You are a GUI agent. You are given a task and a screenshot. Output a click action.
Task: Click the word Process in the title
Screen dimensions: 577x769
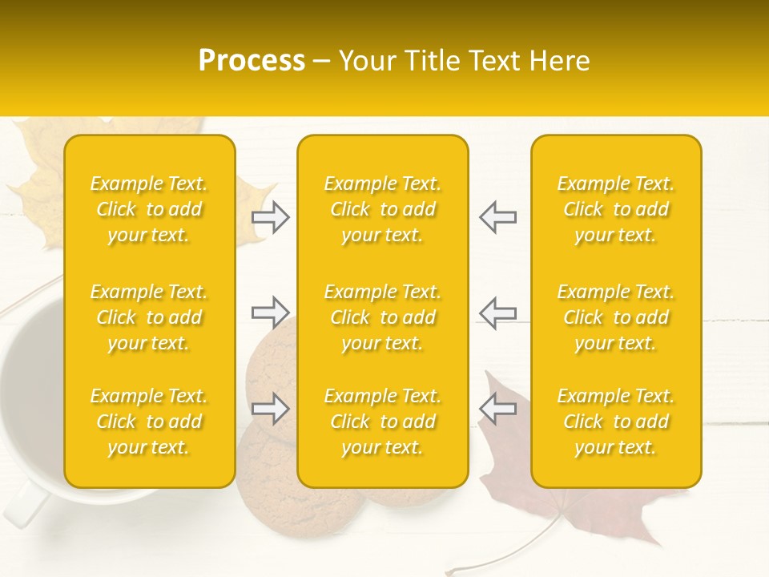click(252, 61)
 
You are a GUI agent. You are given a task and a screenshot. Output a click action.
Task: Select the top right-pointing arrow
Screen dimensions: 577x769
click(271, 217)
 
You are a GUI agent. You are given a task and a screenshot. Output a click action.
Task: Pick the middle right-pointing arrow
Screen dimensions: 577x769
click(271, 313)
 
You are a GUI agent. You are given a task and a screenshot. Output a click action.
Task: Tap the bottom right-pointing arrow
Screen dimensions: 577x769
click(271, 408)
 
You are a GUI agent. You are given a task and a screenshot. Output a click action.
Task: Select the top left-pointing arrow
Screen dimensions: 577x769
click(497, 217)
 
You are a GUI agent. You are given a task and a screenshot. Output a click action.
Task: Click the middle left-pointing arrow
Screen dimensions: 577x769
click(497, 313)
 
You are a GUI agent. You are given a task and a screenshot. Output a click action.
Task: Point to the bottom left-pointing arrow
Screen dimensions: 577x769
click(497, 408)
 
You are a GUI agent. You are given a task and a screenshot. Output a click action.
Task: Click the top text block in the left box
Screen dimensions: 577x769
click(149, 209)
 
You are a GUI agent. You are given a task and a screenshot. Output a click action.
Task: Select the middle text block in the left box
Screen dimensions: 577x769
click(149, 317)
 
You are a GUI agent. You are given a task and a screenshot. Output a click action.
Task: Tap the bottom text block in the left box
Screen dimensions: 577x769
click(149, 422)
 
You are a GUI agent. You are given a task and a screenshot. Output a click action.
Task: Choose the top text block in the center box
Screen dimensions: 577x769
click(382, 209)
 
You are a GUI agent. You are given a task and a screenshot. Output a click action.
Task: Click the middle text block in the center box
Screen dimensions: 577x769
click(382, 317)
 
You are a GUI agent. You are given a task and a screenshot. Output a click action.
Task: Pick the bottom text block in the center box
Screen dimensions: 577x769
click(382, 422)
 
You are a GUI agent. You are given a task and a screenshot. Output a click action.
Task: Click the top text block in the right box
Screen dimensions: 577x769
click(615, 209)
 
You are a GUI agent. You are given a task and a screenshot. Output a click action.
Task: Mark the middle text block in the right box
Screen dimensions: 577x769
click(615, 317)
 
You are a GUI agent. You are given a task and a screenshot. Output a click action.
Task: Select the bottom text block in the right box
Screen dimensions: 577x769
click(615, 422)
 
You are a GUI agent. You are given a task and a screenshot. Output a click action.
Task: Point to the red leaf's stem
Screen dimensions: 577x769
click(513, 553)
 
